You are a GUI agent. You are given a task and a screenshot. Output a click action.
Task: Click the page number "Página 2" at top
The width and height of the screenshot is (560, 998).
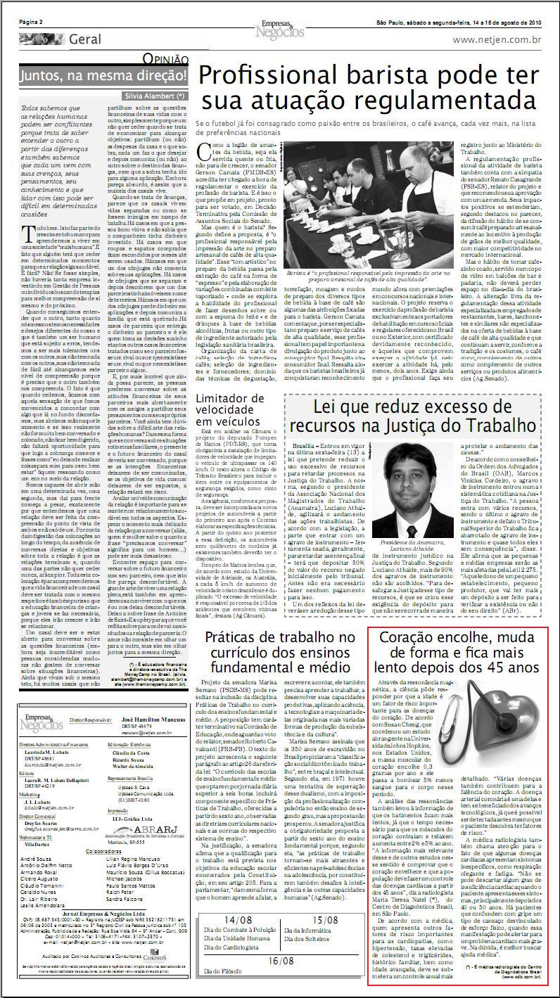point(32,22)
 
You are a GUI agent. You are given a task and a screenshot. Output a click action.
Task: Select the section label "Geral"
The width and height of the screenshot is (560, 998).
point(84,40)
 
